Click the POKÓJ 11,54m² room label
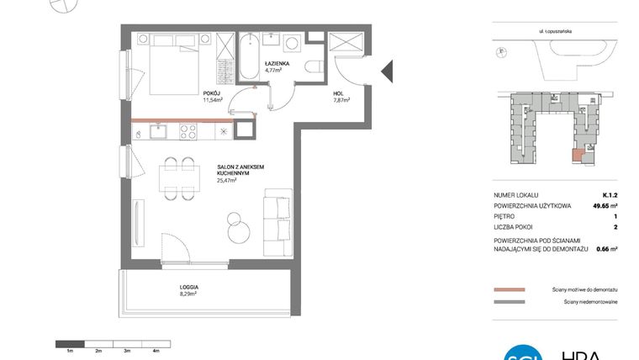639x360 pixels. (212, 96)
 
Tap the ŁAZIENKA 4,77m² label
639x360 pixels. (277, 66)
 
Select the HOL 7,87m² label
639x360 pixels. (341, 96)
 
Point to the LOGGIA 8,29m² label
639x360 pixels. (188, 290)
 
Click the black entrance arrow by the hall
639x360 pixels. (388, 71)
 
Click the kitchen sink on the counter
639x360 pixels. (157, 130)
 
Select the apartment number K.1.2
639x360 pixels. (610, 193)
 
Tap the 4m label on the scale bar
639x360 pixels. (156, 350)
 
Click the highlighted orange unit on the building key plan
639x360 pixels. (577, 154)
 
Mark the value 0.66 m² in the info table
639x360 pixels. (606, 249)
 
